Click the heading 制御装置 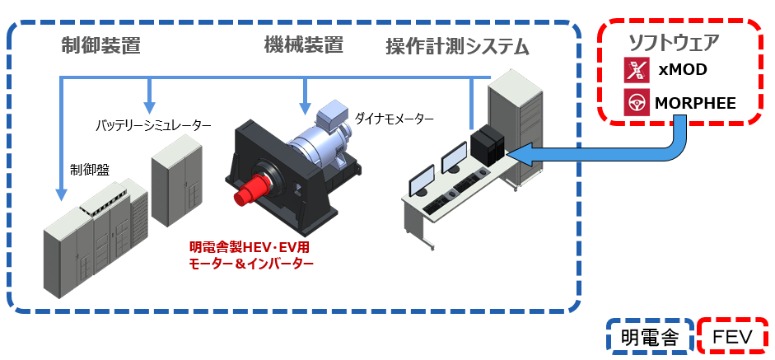100,46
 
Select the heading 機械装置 303,46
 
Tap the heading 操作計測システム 457,48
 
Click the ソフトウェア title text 674,44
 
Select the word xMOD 682,70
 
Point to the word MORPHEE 695,104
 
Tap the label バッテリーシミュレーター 153,125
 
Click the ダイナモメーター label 394,119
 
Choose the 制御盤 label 90,170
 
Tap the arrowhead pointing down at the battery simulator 149,107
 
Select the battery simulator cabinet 176,180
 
